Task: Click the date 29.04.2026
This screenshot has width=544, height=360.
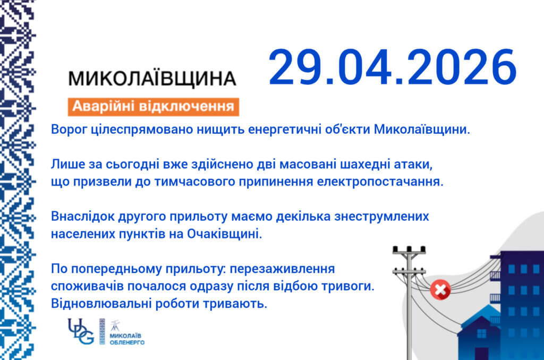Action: click(393, 67)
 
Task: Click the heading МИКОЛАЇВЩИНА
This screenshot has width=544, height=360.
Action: click(152, 78)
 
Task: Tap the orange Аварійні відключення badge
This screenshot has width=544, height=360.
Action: click(154, 107)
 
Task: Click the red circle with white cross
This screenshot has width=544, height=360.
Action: click(440, 289)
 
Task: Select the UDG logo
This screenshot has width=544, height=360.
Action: click(81, 331)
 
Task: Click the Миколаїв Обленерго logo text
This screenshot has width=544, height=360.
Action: click(126, 339)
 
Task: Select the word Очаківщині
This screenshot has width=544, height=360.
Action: click(225, 234)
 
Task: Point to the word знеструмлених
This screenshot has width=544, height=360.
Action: click(381, 217)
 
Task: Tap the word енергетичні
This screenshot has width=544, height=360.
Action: click(285, 130)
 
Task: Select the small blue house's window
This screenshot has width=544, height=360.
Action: click(481, 333)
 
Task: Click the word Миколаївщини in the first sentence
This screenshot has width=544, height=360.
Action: click(422, 130)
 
